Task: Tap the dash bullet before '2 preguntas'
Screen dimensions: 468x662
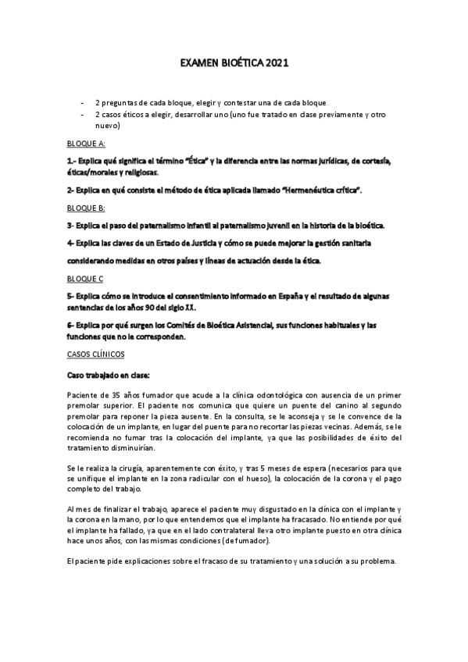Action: coord(83,103)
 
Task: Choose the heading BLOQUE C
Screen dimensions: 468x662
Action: coord(85,279)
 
